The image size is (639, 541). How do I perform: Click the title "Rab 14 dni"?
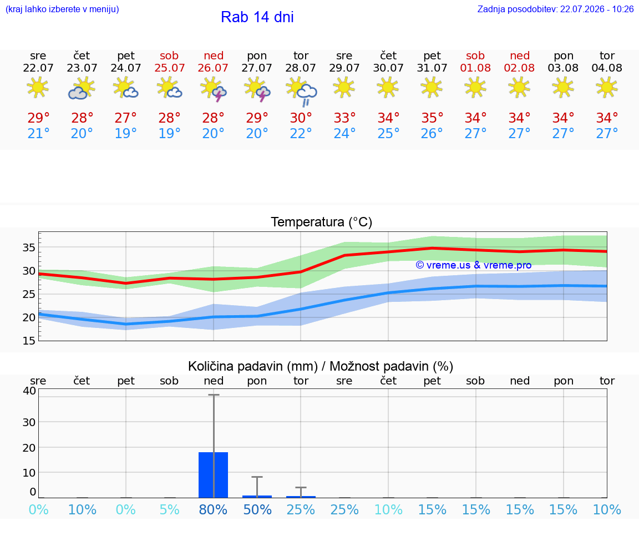coord(257,17)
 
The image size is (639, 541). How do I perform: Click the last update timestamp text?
coord(555,9)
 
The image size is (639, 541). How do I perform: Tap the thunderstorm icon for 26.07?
coord(213,89)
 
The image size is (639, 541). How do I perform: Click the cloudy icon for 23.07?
coord(82,89)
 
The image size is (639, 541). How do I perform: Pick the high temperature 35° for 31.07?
coord(432,118)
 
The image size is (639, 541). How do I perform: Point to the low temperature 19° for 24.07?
coord(125,133)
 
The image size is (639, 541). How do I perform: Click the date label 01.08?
coord(475,68)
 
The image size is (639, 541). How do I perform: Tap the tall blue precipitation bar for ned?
coord(213,475)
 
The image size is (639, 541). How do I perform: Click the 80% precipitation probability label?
coord(213,509)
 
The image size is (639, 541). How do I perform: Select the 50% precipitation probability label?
coord(257,509)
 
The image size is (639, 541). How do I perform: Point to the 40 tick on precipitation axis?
coord(30,391)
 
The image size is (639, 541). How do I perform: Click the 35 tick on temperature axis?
coord(29,247)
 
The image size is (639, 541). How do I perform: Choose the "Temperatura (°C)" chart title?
coord(322,222)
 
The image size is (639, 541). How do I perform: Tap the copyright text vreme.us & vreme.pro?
coord(474,265)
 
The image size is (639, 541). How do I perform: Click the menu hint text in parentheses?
coord(62,9)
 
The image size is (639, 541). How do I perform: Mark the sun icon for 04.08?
coord(607,87)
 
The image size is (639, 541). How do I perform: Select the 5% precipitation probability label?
coord(170,509)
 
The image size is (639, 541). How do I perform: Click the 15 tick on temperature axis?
coord(29,341)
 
